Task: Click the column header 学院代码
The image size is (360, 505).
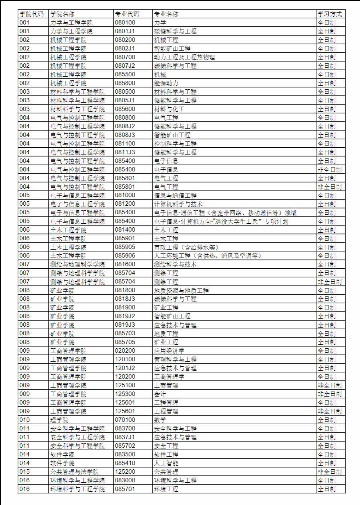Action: (x=32, y=14)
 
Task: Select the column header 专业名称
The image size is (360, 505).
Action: (x=166, y=14)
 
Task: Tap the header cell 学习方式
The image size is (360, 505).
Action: (x=329, y=14)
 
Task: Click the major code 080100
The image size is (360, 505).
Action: (x=125, y=23)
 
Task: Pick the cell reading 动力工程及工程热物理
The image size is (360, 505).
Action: (x=184, y=57)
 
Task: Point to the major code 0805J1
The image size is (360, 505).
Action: (x=125, y=100)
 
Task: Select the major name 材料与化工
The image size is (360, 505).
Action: (x=169, y=109)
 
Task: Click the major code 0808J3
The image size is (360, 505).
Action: (x=125, y=135)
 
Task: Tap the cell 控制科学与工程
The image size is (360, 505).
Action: (x=175, y=144)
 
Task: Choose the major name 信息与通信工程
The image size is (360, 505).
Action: (x=175, y=196)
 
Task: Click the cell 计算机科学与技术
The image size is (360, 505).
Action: (x=178, y=204)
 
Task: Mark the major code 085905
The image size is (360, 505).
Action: (x=125, y=247)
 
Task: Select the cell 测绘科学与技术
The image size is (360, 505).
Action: (x=175, y=264)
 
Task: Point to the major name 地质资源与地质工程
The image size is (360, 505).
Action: (x=181, y=290)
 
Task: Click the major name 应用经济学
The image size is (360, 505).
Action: (x=169, y=351)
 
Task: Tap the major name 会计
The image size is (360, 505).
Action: (x=160, y=394)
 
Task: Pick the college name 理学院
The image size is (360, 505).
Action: (x=59, y=420)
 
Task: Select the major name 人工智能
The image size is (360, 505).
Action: (x=166, y=463)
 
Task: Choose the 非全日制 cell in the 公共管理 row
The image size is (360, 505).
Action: (x=329, y=472)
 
